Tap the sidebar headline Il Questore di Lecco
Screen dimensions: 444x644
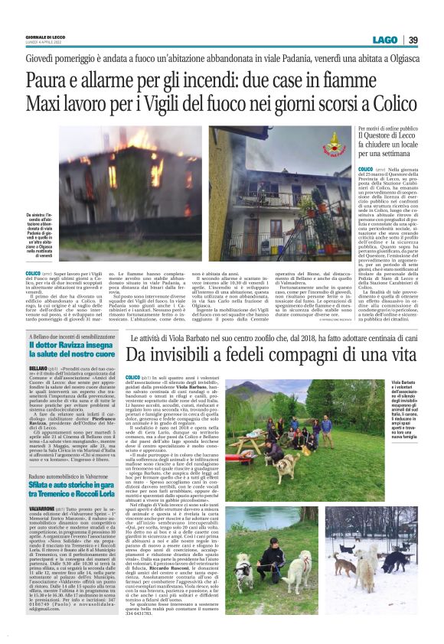388,138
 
